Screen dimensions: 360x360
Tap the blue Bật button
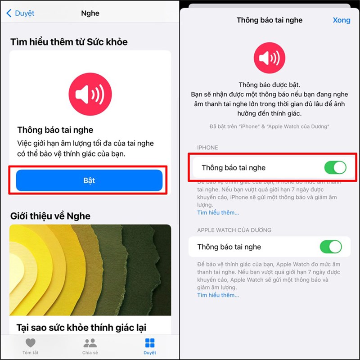(89, 180)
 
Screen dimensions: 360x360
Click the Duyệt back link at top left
(20, 13)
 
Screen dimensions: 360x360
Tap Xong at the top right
(341, 20)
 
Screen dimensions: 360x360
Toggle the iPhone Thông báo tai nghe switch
(335, 168)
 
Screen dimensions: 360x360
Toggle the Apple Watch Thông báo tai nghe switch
(331, 247)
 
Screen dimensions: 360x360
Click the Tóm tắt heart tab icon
(31, 343)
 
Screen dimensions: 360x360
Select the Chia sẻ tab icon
(90, 343)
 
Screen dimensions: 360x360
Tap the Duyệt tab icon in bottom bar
(150, 343)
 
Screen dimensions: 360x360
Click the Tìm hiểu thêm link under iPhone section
(218, 212)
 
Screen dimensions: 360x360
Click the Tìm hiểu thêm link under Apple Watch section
(218, 295)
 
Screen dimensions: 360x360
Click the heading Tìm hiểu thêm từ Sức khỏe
(69, 42)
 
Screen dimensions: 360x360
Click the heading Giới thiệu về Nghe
(50, 216)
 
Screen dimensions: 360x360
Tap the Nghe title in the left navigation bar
(90, 13)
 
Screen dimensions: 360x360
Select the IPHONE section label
(207, 148)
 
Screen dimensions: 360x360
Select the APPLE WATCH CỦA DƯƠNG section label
(234, 230)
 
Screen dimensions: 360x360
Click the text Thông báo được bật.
(269, 85)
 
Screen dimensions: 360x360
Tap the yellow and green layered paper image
(90, 270)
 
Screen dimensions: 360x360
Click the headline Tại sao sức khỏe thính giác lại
(81, 327)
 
